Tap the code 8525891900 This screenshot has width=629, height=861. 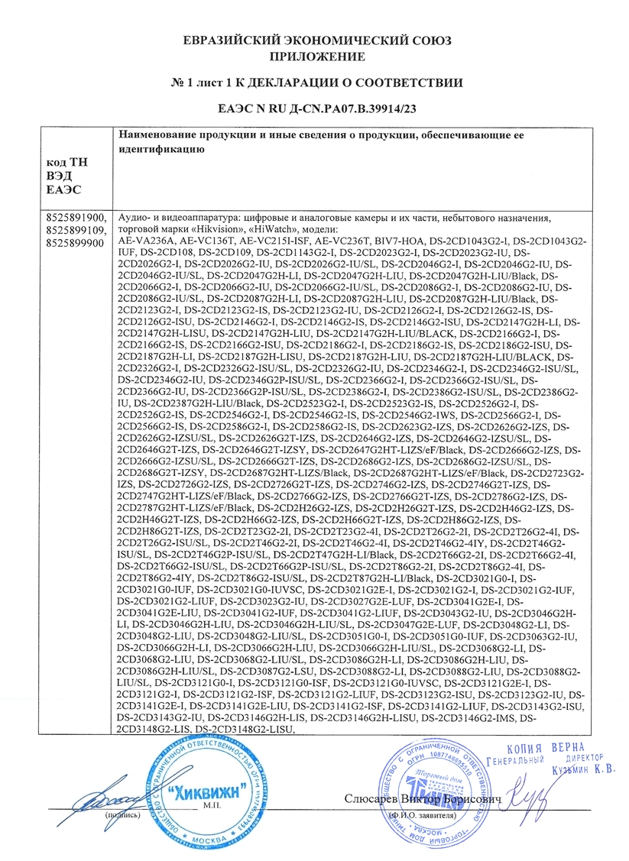(78, 218)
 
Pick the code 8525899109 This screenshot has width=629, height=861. (78, 229)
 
